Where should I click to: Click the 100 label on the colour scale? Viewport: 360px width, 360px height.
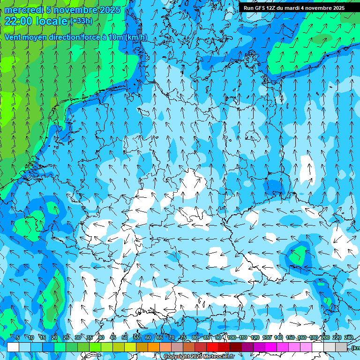pos(232,337)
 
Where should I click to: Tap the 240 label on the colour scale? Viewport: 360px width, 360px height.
pos(349,337)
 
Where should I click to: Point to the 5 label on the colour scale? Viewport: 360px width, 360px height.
pos(18,337)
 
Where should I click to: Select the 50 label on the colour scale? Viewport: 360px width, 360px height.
pos(125,337)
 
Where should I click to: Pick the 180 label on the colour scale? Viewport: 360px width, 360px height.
pos(314,337)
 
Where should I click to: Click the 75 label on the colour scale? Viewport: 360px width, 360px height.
pos(183,337)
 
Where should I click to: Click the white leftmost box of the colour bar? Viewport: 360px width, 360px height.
pos(13,347)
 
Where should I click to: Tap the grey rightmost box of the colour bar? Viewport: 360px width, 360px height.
pos(341,347)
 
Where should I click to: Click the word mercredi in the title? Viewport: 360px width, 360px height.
pos(23,10)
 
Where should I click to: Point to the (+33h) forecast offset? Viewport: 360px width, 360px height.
pos(81,21)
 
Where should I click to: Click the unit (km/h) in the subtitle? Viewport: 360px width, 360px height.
pos(135,37)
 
